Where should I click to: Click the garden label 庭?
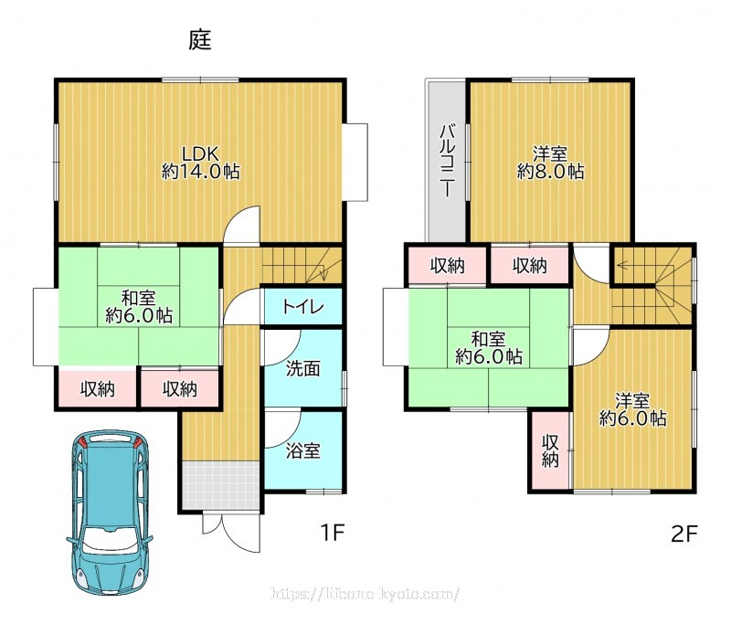200,40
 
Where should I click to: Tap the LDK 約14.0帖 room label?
200,163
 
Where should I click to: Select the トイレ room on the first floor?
303,306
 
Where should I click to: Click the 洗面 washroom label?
303,368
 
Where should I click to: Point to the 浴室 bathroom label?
303,450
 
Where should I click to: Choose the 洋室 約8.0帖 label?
550,163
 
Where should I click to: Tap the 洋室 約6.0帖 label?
632,409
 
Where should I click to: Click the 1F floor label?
333,533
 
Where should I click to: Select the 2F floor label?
683,534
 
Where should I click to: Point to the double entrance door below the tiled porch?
231,531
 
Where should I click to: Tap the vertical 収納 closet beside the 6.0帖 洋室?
550,450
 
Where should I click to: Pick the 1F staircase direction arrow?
321,270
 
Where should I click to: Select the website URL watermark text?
365,594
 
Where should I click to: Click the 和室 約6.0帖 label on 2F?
489,348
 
